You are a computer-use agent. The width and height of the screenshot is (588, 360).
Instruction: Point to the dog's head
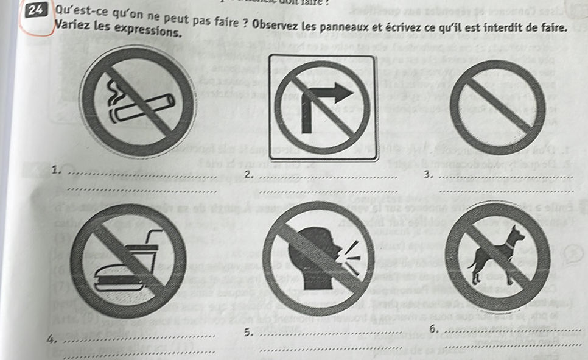pos(515,234)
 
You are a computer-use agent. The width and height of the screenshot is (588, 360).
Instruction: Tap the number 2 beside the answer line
pos(247,175)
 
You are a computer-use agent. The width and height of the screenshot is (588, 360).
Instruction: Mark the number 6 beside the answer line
pos(433,330)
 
